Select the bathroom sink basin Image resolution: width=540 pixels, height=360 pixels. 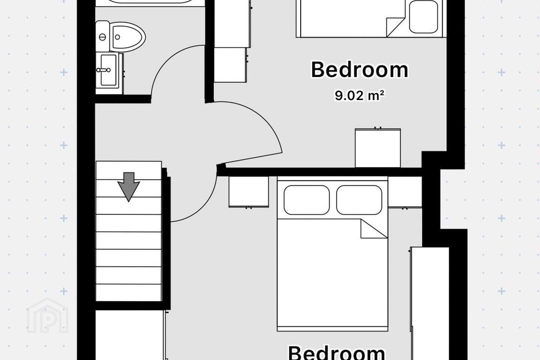(108, 70)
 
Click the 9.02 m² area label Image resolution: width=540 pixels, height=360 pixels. (359, 96)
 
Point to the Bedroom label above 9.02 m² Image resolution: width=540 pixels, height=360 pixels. (360, 70)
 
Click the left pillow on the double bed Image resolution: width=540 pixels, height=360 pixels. (307, 200)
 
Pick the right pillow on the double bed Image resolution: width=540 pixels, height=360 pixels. (359, 200)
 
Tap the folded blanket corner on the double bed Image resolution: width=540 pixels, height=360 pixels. (374, 228)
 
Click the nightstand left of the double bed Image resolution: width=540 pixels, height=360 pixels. (249, 192)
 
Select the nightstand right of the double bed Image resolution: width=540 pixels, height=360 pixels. (405, 192)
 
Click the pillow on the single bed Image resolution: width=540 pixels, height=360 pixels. (423, 16)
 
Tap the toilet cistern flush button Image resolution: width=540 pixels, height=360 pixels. (102, 37)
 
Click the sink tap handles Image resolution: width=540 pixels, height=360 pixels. (103, 70)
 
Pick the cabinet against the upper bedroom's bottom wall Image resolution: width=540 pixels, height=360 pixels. (378, 148)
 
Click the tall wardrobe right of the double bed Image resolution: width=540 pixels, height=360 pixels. (430, 303)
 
